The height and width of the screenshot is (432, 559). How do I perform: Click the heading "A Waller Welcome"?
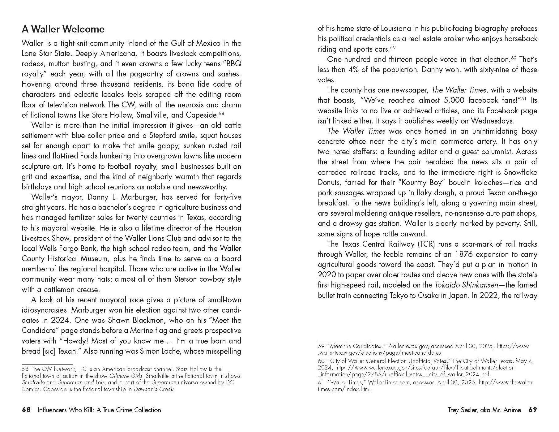coord(63,29)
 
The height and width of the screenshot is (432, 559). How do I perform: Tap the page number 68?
coord(26,410)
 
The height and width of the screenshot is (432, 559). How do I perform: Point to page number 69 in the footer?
coord(532,410)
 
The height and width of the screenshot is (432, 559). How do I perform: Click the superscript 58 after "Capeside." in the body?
coord(221,114)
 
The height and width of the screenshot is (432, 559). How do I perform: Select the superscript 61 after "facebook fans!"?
coord(524,99)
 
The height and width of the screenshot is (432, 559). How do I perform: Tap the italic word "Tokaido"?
coord(447,285)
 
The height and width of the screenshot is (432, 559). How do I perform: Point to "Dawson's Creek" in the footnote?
coord(154,389)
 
